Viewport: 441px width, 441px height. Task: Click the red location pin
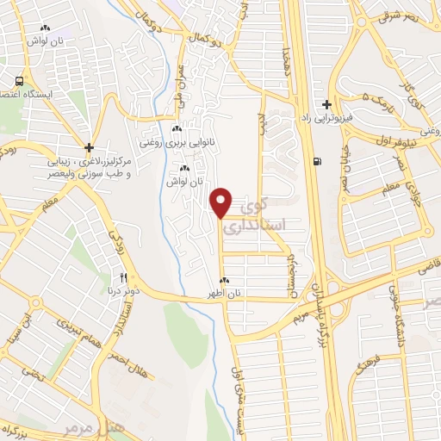click(221, 202)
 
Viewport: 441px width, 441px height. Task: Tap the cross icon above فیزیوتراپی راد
click(326, 103)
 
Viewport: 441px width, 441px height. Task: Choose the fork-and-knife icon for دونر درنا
click(124, 277)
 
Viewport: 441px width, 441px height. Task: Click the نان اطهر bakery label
click(225, 294)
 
